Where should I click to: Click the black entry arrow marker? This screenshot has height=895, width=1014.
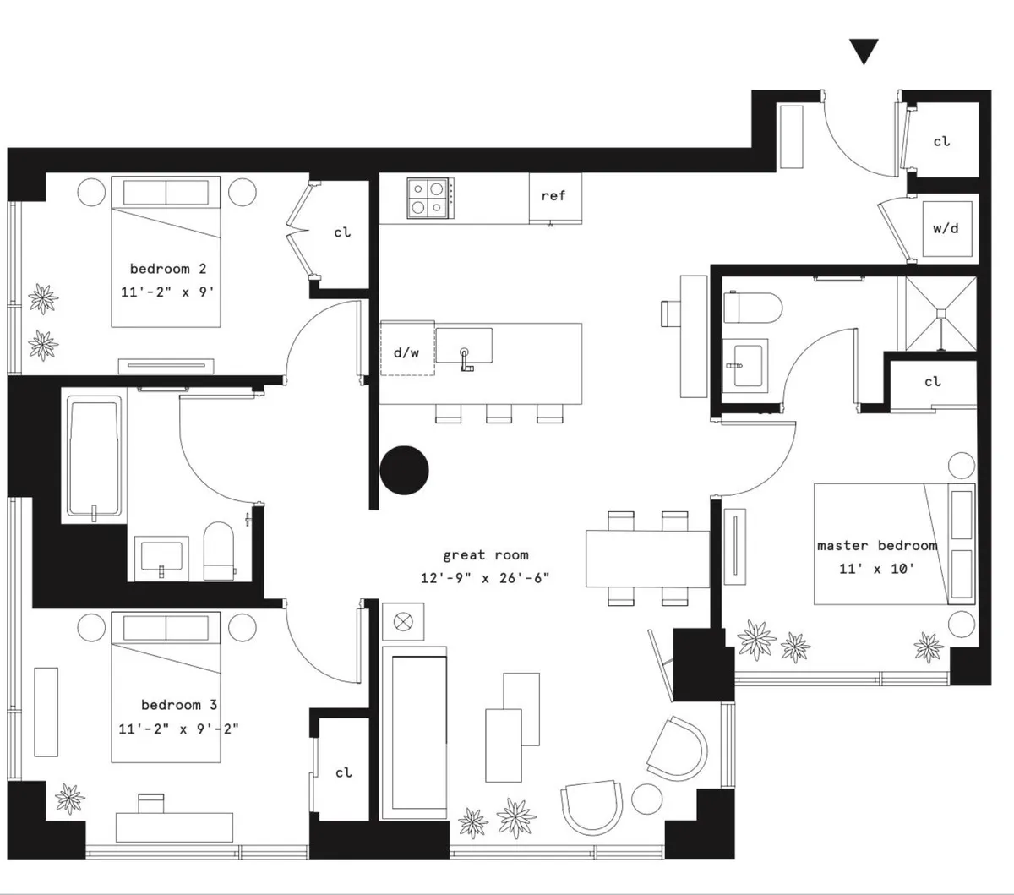coord(864,52)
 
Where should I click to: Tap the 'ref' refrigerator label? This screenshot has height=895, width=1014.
coord(553,195)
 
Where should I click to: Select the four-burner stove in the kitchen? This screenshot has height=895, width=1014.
coord(428,198)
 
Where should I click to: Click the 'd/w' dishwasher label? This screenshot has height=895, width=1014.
coord(406,352)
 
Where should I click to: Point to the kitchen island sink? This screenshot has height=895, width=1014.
coord(464,347)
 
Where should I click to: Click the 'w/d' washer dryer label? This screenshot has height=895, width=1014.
coord(946,228)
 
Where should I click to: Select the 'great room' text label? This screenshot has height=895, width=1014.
coord(486,555)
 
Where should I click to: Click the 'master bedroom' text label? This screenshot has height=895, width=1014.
coord(877,545)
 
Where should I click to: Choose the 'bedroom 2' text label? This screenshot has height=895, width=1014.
coord(167,269)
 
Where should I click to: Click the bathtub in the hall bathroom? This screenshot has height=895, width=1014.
coord(93,460)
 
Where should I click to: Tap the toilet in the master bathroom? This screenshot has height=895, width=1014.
coord(744,306)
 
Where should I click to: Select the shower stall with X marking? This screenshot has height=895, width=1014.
coord(940,313)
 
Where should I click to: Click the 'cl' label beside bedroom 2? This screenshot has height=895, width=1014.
coord(342,232)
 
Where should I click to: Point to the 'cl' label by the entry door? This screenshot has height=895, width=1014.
coord(941,141)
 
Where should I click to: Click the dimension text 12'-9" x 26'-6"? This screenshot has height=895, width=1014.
coord(486,579)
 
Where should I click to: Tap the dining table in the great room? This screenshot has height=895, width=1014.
coord(648,559)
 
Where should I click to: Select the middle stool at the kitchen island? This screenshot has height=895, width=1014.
coord(499,413)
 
